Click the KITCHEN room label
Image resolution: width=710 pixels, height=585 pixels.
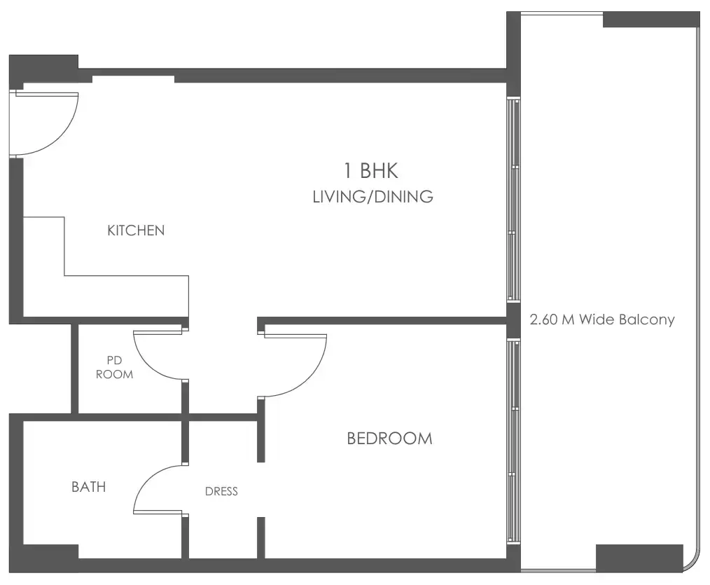click(x=136, y=230)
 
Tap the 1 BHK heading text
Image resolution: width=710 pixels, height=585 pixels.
click(x=370, y=170)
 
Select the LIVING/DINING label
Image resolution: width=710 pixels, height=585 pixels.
click(x=373, y=197)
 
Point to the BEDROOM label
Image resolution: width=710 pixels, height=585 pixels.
click(x=389, y=439)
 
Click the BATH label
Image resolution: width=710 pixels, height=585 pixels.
click(x=89, y=486)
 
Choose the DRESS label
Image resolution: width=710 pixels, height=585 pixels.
click(x=221, y=491)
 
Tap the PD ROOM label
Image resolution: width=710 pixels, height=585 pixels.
click(x=114, y=367)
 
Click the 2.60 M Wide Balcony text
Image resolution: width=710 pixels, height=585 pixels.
click(x=602, y=320)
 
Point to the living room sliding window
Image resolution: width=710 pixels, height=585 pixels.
click(x=513, y=200)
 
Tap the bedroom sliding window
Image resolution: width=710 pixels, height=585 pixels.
click(x=513, y=441)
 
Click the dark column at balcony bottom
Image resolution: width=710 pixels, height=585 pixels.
click(x=639, y=557)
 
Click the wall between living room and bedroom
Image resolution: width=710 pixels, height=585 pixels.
click(x=385, y=322)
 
